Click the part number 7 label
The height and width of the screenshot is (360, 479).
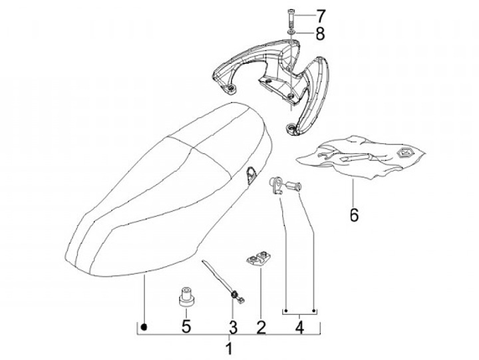pyautogui.click(x=321, y=15)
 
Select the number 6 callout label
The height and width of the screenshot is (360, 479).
pyautogui.click(x=354, y=214)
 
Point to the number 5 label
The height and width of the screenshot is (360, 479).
pyautogui.click(x=187, y=326)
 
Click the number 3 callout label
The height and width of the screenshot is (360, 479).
pyautogui.click(x=233, y=327)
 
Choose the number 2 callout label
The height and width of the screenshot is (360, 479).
pyautogui.click(x=261, y=327)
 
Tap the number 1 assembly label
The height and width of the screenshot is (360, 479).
pyautogui.click(x=229, y=348)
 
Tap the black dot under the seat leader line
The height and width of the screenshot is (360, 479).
pyautogui.click(x=144, y=327)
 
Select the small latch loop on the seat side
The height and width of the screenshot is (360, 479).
pyautogui.click(x=251, y=174)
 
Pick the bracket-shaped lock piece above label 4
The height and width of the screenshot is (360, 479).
pyautogui.click(x=277, y=184)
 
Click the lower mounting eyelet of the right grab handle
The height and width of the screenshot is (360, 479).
pyautogui.click(x=293, y=126)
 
